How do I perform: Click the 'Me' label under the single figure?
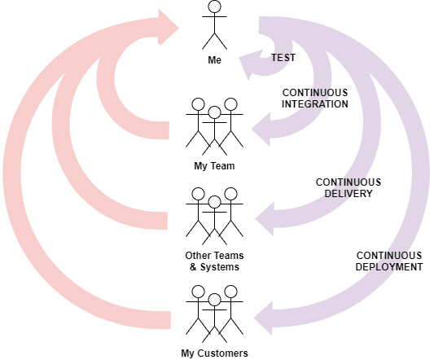[214, 59]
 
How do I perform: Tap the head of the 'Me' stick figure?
[214, 7]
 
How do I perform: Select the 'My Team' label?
[214, 166]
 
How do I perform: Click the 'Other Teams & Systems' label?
[214, 261]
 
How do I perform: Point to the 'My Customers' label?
[214, 353]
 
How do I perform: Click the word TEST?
[283, 58]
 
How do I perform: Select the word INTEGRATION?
[315, 104]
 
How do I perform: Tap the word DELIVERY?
[349, 194]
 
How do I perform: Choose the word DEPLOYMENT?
[389, 267]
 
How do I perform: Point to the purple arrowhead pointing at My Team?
[261, 130]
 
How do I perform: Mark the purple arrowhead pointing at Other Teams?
[265, 219]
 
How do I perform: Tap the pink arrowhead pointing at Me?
[169, 27]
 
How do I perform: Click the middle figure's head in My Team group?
[214, 112]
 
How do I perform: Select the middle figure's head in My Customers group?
[214, 301]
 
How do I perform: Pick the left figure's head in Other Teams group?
[198, 194]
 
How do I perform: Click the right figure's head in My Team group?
[230, 104]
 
